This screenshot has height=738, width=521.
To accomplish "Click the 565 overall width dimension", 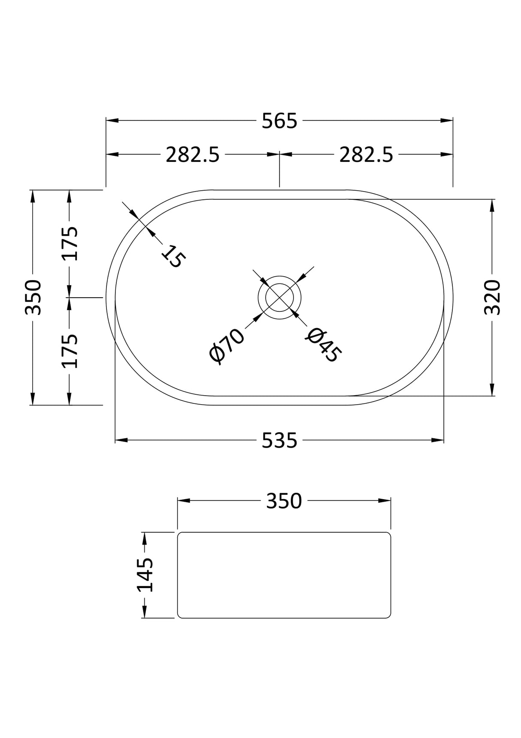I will [x=279, y=121].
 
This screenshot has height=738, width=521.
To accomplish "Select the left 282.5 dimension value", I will [x=193, y=155].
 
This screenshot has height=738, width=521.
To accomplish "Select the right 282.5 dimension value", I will [x=366, y=155].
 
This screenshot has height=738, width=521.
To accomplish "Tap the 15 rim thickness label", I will [x=173, y=256].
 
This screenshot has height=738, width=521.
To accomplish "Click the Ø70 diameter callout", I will [x=227, y=346].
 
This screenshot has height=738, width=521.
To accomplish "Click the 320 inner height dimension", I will [x=492, y=297].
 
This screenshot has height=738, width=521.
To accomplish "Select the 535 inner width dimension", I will [x=279, y=441].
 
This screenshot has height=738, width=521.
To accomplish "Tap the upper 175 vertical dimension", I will [x=70, y=244].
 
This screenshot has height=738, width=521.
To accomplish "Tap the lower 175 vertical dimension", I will [x=70, y=351].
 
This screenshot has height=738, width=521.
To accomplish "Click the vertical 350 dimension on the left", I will [x=33, y=297].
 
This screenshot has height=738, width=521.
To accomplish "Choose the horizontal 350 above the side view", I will [x=284, y=501].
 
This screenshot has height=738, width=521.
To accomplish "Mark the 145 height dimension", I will [x=145, y=575].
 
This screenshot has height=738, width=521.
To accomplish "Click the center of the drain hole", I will [x=279, y=297].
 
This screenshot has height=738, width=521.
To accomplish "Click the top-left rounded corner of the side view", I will [x=180, y=535].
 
